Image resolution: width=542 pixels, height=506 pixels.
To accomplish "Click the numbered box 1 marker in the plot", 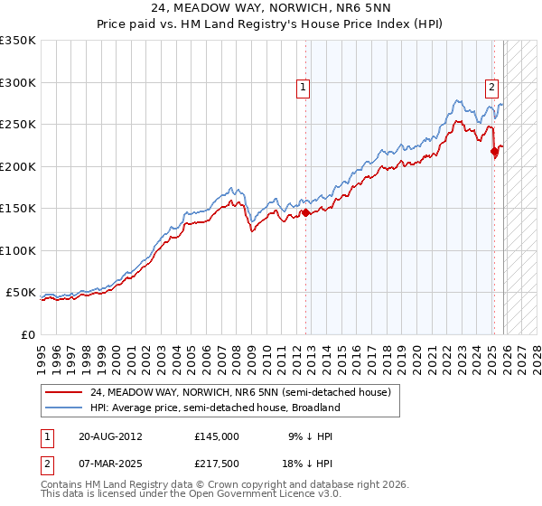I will pyautogui.click(x=301, y=88).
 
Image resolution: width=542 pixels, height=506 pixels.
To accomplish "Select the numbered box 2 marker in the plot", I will pyautogui.click(x=491, y=88).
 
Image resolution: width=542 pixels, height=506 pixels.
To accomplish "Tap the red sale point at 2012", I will pyautogui.click(x=305, y=212).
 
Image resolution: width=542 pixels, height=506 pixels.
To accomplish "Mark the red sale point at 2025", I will pyautogui.click(x=494, y=152).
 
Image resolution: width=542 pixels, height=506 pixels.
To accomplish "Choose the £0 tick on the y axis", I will pyautogui.click(x=27, y=334).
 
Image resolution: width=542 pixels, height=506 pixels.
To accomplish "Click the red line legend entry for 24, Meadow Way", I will pyautogui.click(x=239, y=393).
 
